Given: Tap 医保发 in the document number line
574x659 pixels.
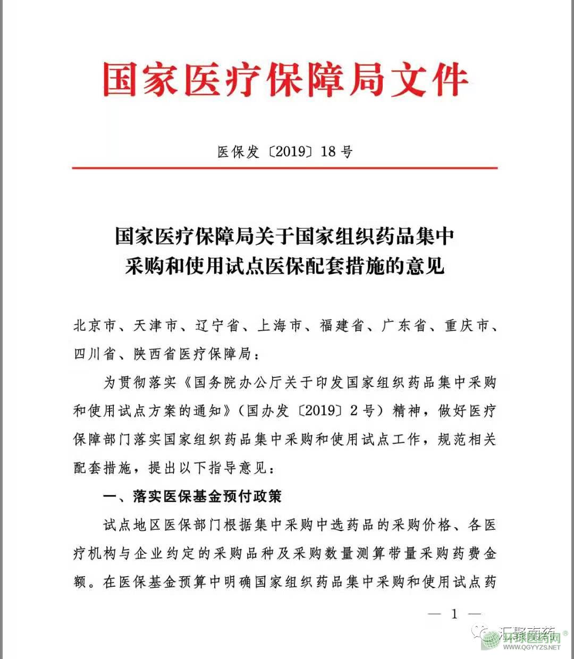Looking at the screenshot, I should click(x=238, y=152).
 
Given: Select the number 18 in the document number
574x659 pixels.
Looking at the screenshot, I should click(x=328, y=152).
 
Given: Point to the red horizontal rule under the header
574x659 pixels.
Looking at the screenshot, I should click(x=285, y=168).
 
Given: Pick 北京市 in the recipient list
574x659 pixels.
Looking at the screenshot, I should click(x=95, y=326).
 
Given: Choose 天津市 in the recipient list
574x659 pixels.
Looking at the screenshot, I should click(x=155, y=326).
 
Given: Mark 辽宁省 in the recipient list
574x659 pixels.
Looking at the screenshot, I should click(x=217, y=326).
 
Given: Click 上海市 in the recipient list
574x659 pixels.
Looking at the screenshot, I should click(x=280, y=326).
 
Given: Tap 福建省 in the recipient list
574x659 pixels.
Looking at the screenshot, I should click(x=342, y=326).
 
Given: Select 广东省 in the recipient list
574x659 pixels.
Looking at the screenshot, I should click(x=404, y=326).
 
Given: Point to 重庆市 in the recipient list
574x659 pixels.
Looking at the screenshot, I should click(x=466, y=326).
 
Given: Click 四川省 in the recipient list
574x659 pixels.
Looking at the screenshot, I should click(x=95, y=354).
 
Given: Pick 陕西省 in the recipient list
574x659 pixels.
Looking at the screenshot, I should click(x=155, y=354).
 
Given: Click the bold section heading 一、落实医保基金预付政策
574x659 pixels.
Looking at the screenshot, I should click(x=192, y=496).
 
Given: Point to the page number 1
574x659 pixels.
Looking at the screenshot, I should click(x=454, y=614).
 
